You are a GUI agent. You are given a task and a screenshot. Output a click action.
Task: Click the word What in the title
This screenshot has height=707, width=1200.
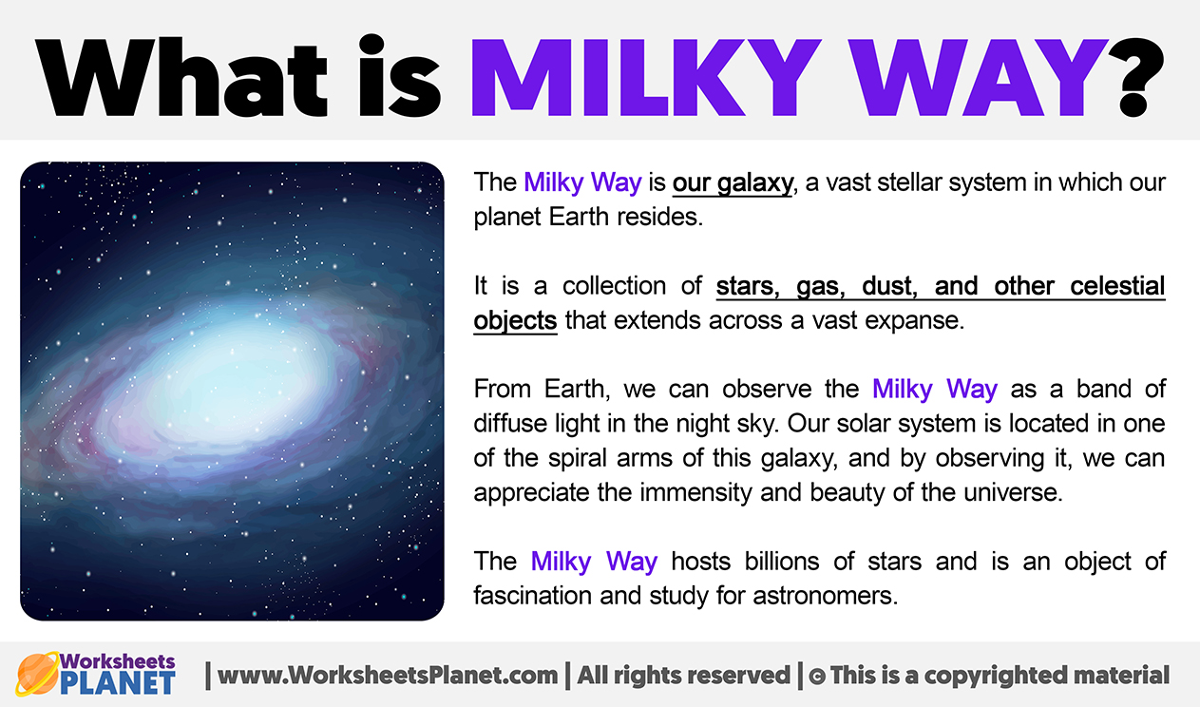(x=181, y=77)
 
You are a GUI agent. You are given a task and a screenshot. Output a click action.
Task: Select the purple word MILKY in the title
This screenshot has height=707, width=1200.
(x=646, y=78)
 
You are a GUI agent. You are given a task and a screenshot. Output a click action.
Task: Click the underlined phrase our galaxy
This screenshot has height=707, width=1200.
(x=733, y=183)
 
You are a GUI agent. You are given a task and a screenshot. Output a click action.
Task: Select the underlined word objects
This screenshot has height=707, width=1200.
(x=515, y=321)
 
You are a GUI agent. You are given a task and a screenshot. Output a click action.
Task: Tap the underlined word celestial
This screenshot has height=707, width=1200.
(x=1117, y=286)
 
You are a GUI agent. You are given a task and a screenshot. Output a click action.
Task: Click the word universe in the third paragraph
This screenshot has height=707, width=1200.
(x=1013, y=493)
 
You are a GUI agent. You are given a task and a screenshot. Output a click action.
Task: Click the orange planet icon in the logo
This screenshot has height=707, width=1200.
(x=37, y=673)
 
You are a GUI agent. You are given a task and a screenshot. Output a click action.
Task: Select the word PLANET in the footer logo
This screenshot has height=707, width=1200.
(x=118, y=683)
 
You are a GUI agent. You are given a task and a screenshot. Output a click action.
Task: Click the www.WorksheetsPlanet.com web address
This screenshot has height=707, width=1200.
(x=388, y=676)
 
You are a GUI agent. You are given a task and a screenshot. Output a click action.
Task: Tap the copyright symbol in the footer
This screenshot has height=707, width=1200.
(x=817, y=677)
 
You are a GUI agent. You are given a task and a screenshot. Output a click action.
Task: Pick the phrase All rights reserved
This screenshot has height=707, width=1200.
(x=684, y=676)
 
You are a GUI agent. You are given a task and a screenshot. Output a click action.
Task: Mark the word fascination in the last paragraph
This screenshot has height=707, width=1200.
(x=534, y=596)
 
